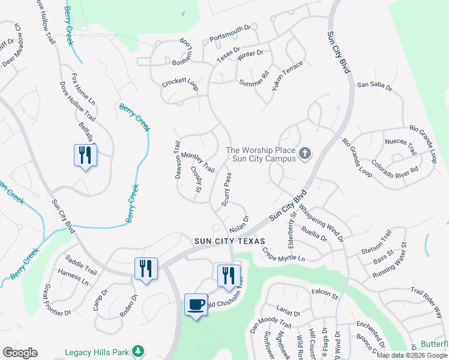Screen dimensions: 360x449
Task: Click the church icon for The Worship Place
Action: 305,154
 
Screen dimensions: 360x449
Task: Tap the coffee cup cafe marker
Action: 196,305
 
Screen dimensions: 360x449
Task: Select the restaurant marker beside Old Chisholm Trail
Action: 228,275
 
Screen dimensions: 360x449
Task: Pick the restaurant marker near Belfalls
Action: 85,155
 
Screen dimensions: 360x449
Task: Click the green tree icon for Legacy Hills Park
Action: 139,350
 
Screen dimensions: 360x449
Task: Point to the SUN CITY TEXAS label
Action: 229,241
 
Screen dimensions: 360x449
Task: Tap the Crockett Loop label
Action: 179,83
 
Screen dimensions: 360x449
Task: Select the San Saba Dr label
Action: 375,86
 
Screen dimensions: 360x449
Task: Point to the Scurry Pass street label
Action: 226,190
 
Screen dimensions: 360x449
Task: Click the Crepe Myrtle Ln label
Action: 283,255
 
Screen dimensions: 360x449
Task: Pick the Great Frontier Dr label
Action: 56,299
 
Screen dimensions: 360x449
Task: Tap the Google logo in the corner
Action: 20,353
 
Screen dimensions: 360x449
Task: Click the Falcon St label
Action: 325,294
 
